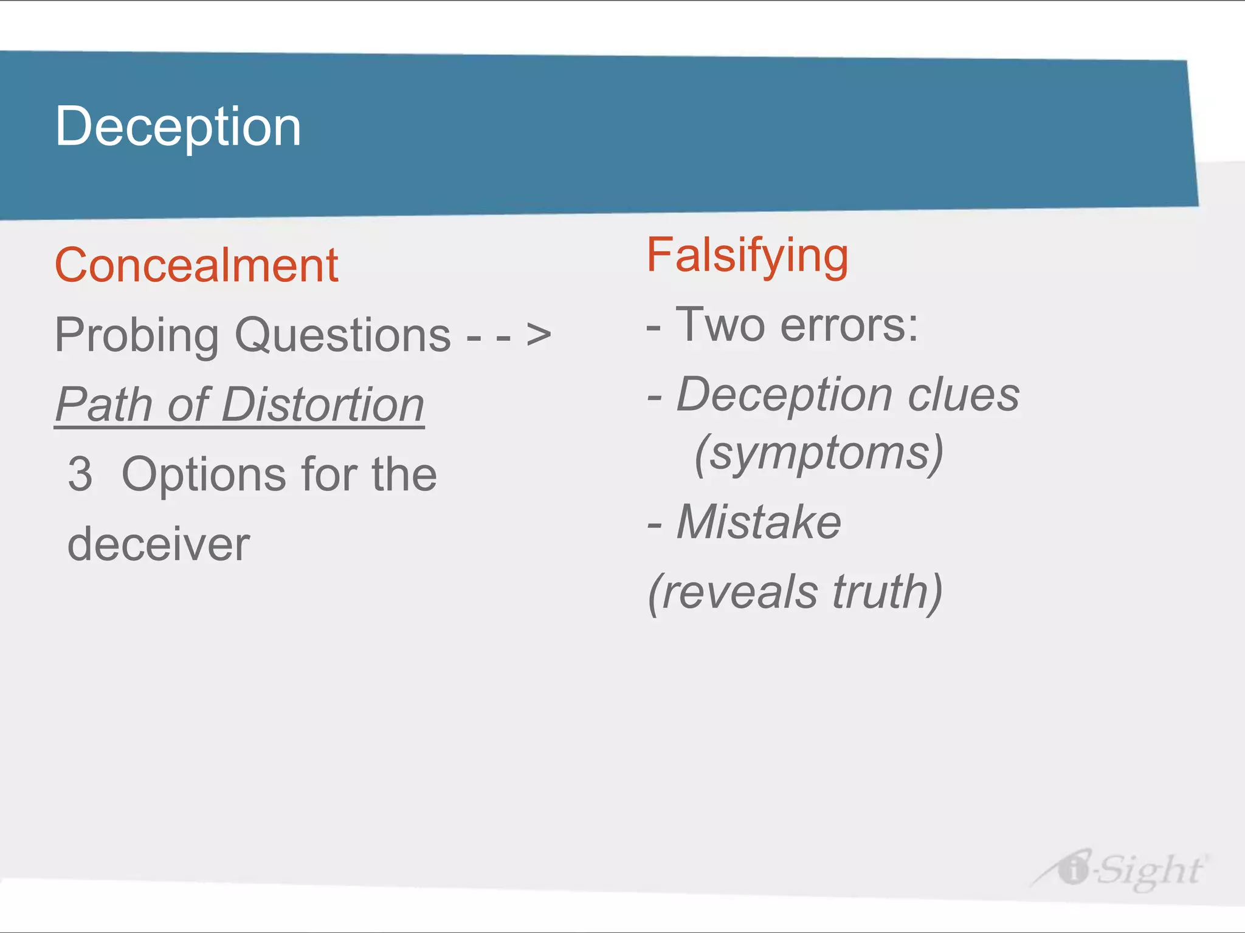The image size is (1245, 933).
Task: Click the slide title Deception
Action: (178, 126)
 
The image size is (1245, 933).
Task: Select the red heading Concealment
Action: (196, 265)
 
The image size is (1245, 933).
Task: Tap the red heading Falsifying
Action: (747, 256)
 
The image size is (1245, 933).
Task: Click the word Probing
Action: (137, 335)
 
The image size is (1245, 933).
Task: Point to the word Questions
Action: (343, 335)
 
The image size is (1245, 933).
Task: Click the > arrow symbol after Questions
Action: (539, 335)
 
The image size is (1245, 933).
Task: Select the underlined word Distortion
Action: (323, 405)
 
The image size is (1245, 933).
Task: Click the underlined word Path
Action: (104, 405)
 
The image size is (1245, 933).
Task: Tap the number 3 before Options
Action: (80, 474)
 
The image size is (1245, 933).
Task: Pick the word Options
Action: (204, 474)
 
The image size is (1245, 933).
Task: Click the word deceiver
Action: (158, 544)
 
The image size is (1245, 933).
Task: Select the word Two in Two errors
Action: (720, 325)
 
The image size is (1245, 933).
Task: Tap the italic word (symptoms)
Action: (818, 453)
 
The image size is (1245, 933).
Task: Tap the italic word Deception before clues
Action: (785, 395)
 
